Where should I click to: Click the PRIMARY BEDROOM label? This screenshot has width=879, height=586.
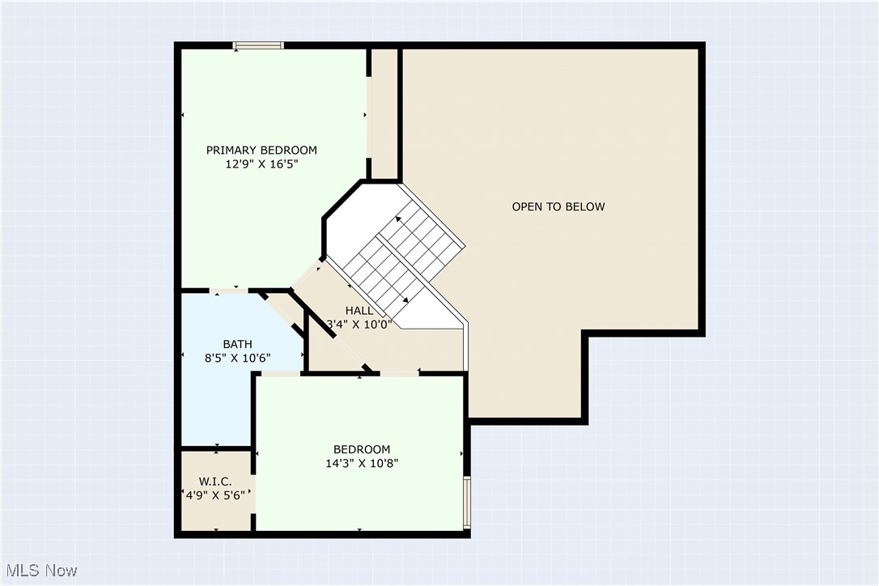pyautogui.click(x=261, y=150)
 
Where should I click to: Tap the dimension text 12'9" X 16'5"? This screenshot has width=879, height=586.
pyautogui.click(x=261, y=163)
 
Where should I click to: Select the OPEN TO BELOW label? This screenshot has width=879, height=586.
pyautogui.click(x=558, y=206)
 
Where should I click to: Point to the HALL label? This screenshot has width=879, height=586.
pyautogui.click(x=359, y=310)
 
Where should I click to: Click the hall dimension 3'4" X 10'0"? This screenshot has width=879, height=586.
pyautogui.click(x=359, y=324)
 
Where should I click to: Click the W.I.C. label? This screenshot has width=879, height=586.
pyautogui.click(x=215, y=482)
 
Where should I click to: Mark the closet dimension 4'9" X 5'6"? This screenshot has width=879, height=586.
pyautogui.click(x=215, y=495)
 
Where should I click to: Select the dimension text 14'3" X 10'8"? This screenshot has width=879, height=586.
pyautogui.click(x=362, y=463)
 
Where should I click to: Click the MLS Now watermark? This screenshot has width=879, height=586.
pyautogui.click(x=39, y=571)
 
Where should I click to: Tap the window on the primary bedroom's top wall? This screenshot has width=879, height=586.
pyautogui.click(x=258, y=45)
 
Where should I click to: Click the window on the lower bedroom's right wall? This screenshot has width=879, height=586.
pyautogui.click(x=466, y=502)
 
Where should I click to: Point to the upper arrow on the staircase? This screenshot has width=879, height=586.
pyautogui.click(x=398, y=220)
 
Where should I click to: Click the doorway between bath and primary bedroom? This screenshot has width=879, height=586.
pyautogui.click(x=229, y=290)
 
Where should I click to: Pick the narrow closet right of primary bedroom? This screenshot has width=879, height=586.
pyautogui.click(x=384, y=113)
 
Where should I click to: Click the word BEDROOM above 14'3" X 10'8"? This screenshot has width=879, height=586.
pyautogui.click(x=362, y=449)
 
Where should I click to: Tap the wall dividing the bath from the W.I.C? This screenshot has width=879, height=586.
pyautogui.click(x=215, y=448)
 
